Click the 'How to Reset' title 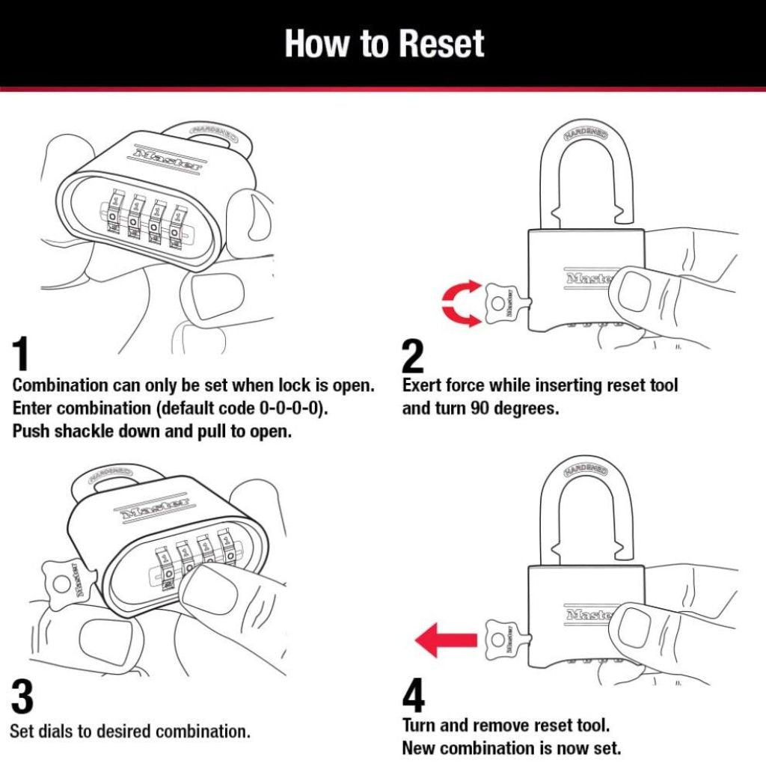[384, 43]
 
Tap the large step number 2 [413, 357]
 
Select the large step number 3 [22, 697]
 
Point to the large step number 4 [413, 697]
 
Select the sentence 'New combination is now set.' [511, 747]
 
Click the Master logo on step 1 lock [168, 160]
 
